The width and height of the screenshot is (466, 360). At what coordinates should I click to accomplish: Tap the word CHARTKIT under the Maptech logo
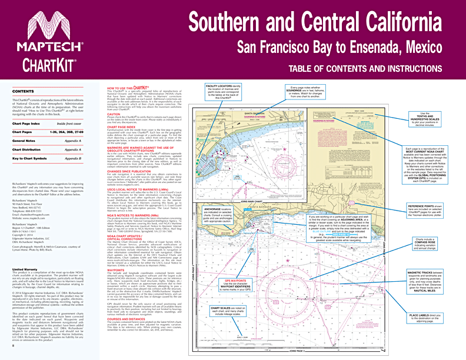pyautogui.click(x=45, y=62)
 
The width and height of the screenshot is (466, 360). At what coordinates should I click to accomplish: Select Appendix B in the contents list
pyautogui.click(x=72, y=159)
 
